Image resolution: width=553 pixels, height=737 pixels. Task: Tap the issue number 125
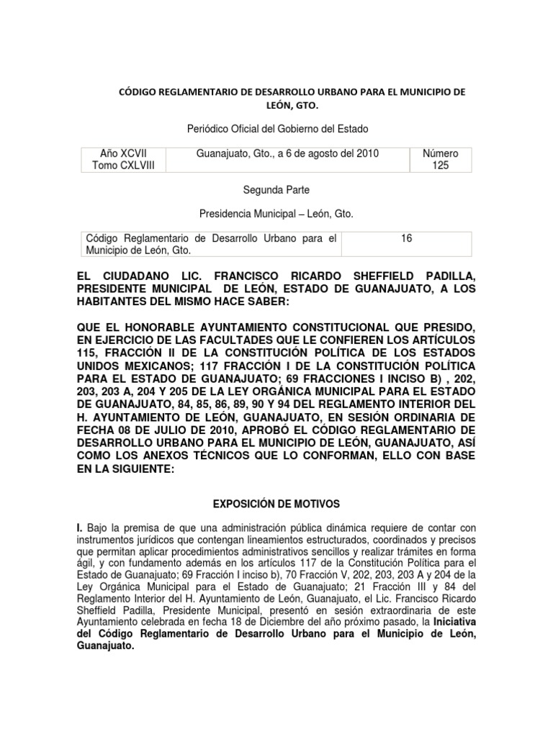tap(440, 166)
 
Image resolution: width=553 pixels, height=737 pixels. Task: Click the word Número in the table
tap(440, 153)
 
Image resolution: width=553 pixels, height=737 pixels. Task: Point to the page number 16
tap(406, 238)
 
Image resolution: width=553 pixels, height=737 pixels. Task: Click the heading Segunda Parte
tap(276, 190)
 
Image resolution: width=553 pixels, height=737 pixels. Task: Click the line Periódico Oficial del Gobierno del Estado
tap(276, 129)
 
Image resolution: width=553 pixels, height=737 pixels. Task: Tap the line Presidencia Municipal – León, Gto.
tap(276, 214)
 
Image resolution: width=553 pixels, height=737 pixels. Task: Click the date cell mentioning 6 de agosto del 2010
tap(287, 153)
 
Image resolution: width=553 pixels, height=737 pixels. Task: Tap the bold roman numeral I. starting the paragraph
tap(79, 528)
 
